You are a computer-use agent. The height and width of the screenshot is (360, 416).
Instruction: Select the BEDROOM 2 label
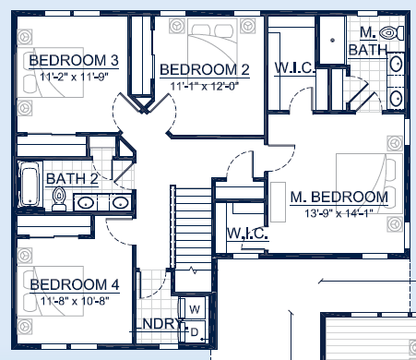[x=205, y=69]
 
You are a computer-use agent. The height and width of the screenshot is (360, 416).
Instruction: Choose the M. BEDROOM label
[x=339, y=197]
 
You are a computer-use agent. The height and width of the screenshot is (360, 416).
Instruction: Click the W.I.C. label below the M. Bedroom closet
[x=246, y=234]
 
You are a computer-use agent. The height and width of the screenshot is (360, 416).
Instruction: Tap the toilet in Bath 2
[x=59, y=198]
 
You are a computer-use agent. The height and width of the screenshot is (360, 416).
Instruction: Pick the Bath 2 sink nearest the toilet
[x=86, y=201]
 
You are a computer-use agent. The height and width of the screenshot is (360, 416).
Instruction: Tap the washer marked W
[x=196, y=308]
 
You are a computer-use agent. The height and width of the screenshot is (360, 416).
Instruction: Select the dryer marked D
[x=196, y=329]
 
